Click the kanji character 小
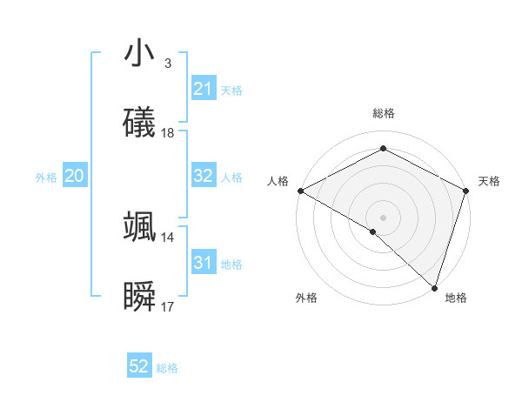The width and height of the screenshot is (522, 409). click(x=140, y=54)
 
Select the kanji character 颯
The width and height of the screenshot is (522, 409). click(x=140, y=227)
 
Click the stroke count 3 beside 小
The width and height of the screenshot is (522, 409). click(x=167, y=63)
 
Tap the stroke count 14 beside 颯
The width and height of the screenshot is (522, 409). click(x=168, y=237)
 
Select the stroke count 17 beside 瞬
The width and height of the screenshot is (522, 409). click(x=168, y=307)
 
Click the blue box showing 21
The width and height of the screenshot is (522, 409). click(x=203, y=89)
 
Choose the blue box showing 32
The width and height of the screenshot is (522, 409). click(x=203, y=176)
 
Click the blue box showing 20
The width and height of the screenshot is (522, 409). click(x=74, y=176)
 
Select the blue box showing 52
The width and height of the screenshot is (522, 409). click(x=139, y=366)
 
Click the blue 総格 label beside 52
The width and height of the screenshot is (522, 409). click(x=167, y=368)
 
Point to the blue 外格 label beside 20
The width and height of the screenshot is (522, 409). click(x=46, y=178)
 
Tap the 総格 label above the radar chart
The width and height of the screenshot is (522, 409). click(x=383, y=113)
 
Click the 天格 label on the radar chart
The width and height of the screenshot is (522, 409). click(x=489, y=181)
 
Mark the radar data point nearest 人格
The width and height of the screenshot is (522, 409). click(x=300, y=191)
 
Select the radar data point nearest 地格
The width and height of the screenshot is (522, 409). click(x=434, y=287)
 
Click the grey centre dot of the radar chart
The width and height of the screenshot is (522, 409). click(x=383, y=217)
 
